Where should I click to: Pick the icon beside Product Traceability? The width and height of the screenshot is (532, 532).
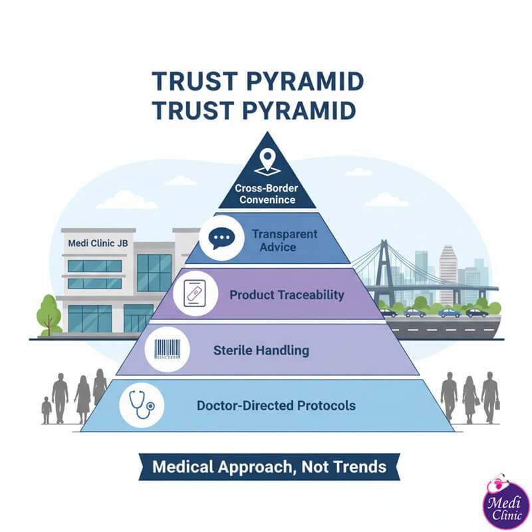pyautogui.click(x=192, y=294)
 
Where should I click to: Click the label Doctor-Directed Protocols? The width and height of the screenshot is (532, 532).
pyautogui.click(x=276, y=405)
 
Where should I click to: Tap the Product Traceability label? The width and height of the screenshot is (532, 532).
pyautogui.click(x=287, y=294)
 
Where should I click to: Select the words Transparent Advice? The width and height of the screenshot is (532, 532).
pyautogui.click(x=285, y=240)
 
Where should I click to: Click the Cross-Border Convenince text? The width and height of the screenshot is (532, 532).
pyautogui.click(x=267, y=194)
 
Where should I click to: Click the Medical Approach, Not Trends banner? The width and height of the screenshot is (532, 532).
pyautogui.click(x=269, y=467)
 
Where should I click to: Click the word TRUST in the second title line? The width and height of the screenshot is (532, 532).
pyautogui.click(x=187, y=110)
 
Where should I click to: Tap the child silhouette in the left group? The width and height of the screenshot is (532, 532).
pyautogui.click(x=46, y=410)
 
